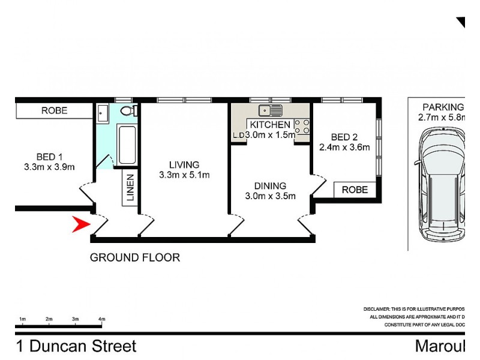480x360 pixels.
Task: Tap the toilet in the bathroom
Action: pyautogui.click(x=127, y=111)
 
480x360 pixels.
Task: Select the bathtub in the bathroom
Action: pyautogui.click(x=127, y=145)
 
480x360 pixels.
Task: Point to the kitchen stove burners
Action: pyautogui.click(x=302, y=127)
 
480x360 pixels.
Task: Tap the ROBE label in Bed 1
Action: pyautogui.click(x=54, y=111)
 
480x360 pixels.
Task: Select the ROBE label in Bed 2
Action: pyautogui.click(x=354, y=190)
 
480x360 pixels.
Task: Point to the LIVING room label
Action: pyautogui.click(x=184, y=164)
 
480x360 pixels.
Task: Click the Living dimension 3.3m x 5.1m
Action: pyautogui.click(x=184, y=175)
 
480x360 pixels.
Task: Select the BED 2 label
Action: pyautogui.click(x=344, y=136)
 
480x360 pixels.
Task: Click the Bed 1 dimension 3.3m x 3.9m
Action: pyautogui.click(x=49, y=167)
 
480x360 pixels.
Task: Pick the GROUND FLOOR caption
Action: pyautogui.click(x=134, y=258)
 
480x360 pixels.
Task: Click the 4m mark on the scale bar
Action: pyautogui.click(x=101, y=319)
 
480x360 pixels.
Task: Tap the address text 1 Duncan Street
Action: pyautogui.click(x=76, y=346)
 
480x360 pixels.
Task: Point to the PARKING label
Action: pyautogui.click(x=443, y=107)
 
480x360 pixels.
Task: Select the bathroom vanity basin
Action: pyautogui.click(x=102, y=112)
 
